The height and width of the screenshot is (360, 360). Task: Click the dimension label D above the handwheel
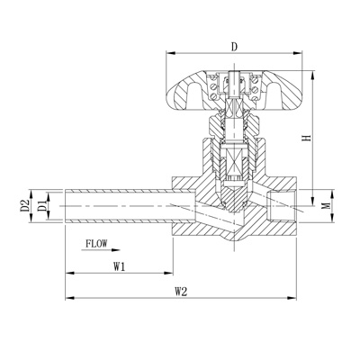coord(235,47)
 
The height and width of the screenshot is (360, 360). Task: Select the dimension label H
coord(306,138)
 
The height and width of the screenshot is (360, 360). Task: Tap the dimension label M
coord(327,205)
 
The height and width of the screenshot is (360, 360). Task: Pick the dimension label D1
coord(42,206)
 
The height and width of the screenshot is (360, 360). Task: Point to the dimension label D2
coord(25,206)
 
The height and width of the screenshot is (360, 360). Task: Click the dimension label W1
coord(119,266)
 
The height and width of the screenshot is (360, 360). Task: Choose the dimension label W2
coord(181,292)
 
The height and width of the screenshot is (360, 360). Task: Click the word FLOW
coord(96,243)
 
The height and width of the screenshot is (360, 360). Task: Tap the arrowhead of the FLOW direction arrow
coord(115,249)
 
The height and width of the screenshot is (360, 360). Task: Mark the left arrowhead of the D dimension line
coord(171,53)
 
